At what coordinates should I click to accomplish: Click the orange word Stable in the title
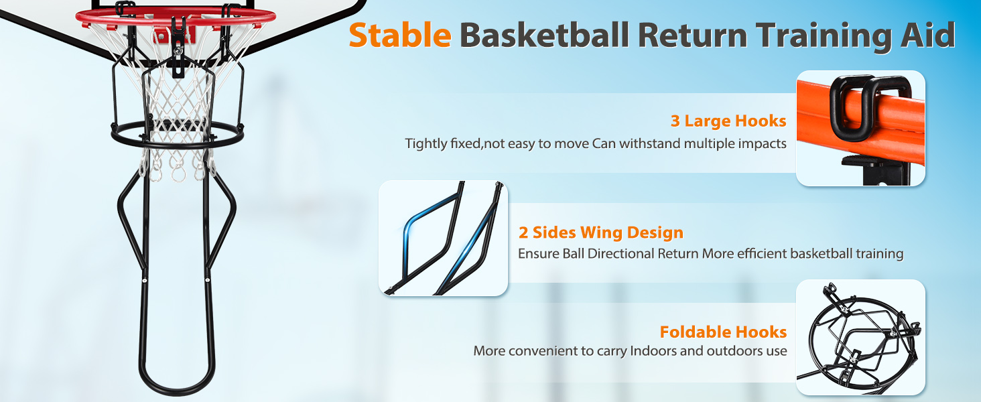coord(400,35)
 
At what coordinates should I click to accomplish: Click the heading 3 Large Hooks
coord(728,121)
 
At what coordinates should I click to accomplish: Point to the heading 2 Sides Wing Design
coord(601,232)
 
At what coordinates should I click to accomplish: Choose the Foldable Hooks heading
coord(723,332)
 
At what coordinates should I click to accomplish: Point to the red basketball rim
coord(176,17)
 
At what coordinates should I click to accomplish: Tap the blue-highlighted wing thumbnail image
coord(443,239)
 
